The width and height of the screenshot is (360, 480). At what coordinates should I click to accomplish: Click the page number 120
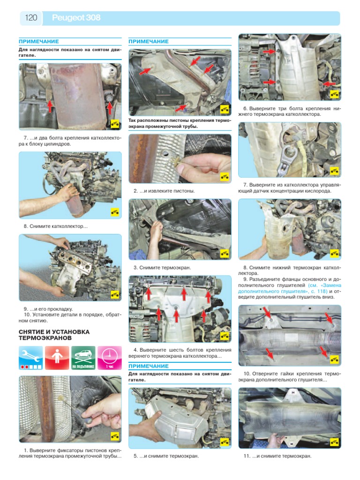pos(31,18)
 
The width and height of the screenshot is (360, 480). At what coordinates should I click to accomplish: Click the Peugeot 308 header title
pos(76,18)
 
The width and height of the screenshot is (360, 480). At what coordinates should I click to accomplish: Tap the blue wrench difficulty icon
pos(30,358)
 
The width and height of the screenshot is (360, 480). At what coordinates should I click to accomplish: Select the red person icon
pos(57,358)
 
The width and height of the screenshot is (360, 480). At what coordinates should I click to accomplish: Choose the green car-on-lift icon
pos(83,358)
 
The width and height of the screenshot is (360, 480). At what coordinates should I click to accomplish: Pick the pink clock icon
pos(110,358)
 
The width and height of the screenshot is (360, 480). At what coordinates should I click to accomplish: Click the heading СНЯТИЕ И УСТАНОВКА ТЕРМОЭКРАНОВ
pos(54,335)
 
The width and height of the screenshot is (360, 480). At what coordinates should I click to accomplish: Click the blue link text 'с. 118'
pos(319,291)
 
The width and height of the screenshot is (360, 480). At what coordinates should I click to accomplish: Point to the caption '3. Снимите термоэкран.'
pos(162,268)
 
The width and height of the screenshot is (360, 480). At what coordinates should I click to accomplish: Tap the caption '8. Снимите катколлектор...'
pos(55,226)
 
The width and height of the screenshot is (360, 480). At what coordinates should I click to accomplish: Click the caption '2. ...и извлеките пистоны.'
pos(164,191)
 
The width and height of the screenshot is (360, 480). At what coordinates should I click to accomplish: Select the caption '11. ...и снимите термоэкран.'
pos(277,456)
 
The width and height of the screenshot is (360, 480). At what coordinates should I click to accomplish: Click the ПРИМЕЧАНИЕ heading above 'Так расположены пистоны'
pos(149,41)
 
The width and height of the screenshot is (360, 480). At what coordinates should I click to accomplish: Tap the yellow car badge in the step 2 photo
pos(225,177)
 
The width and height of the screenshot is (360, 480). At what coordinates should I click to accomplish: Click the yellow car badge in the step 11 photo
pos(334,442)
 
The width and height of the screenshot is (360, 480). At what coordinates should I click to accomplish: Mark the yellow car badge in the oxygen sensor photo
pos(334,171)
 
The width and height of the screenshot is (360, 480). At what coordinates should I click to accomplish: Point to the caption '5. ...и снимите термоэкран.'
pos(166,456)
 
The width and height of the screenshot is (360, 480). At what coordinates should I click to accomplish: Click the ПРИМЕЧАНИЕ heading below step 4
pos(149,366)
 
